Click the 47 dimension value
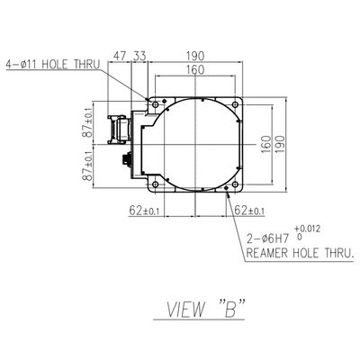[x=120, y=56]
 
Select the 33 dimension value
[x=139, y=56]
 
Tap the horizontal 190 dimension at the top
[x=195, y=56]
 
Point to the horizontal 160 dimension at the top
[x=195, y=69]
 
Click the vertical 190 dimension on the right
[x=279, y=145]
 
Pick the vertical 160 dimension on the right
[x=265, y=145]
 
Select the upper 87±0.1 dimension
[x=88, y=122]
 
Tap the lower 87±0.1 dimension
[x=88, y=166]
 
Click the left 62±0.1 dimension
[x=144, y=211]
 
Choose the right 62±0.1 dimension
[x=249, y=211]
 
